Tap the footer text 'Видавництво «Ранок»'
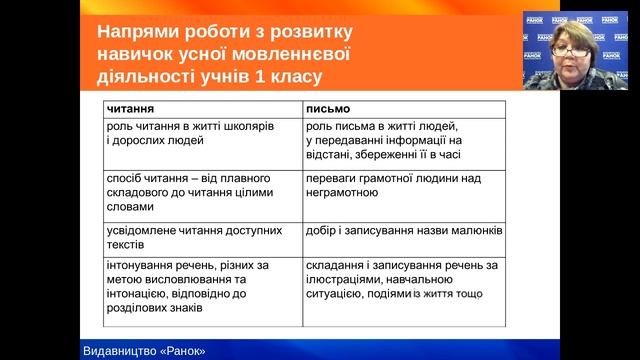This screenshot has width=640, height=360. click(x=149, y=350)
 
